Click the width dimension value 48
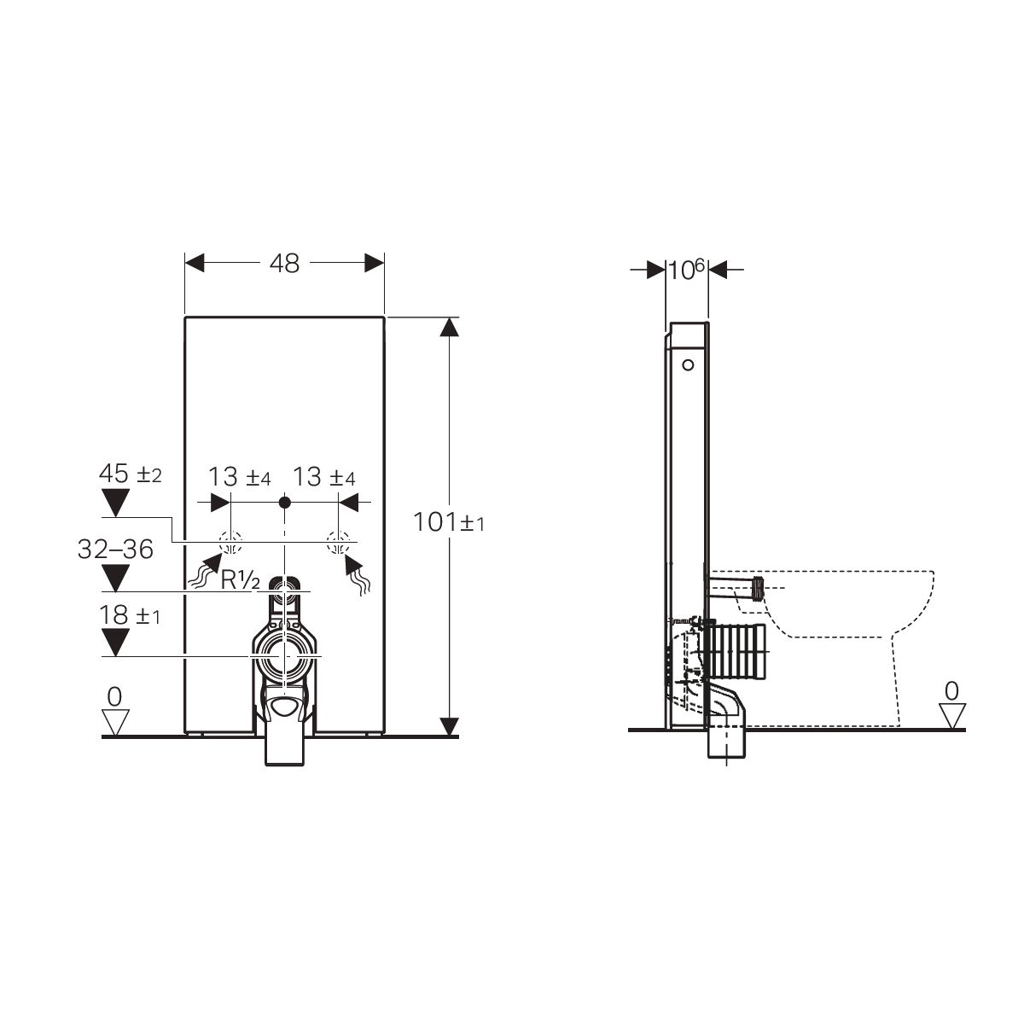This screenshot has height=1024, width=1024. pos(284,263)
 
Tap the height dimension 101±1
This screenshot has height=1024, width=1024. pos(449,522)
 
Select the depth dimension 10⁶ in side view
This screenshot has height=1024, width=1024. pos(686,270)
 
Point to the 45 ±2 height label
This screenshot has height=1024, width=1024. pos(131,473)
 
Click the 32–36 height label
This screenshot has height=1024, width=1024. pos(115,549)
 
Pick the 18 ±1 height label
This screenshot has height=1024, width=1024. pos(130,614)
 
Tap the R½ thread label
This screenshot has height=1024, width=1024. pos(240,580)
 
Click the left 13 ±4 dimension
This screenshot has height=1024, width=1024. pos(239,477)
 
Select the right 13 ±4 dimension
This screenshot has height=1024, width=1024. pos(323,477)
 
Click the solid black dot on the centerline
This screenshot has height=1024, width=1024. pos(285,502)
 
